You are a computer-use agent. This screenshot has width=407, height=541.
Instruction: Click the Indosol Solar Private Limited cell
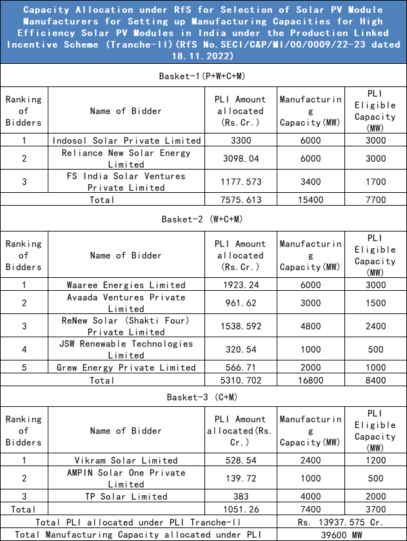click(x=126, y=140)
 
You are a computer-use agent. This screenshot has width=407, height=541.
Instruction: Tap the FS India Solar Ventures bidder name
click(x=126, y=181)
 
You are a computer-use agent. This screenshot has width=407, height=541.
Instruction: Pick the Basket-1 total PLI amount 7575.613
click(x=241, y=199)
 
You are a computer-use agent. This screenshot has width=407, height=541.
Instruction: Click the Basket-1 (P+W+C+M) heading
click(x=203, y=76)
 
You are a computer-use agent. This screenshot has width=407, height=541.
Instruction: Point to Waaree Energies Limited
click(x=126, y=284)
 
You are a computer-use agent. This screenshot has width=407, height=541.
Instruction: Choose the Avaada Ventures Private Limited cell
click(x=126, y=303)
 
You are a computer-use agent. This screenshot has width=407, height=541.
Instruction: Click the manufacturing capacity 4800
click(x=310, y=326)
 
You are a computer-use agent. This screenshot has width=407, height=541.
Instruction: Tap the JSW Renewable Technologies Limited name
click(x=126, y=349)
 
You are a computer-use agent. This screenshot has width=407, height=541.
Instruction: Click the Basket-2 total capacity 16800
click(x=310, y=380)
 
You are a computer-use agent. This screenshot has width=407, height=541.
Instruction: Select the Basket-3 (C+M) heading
click(x=203, y=396)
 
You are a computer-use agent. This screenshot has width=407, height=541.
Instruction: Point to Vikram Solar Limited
click(x=126, y=460)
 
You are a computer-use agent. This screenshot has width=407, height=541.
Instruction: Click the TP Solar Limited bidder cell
click(x=126, y=497)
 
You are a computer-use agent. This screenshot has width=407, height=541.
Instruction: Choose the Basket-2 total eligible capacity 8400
click(x=375, y=380)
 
